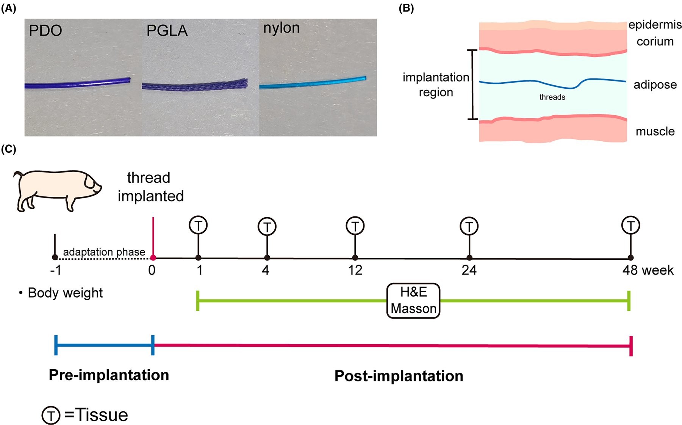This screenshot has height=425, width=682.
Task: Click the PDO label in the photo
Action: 45,30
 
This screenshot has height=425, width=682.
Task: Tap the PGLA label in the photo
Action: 167,30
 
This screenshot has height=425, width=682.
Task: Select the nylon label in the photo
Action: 281,28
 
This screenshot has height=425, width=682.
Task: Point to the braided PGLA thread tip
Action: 245,83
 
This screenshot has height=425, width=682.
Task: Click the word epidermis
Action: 655,25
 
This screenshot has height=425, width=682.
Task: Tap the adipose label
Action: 655,84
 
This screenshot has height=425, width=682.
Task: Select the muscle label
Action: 655,131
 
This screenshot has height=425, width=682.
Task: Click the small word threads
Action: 552,97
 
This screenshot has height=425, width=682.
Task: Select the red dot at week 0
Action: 153,258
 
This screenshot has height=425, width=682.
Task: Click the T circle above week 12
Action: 355,226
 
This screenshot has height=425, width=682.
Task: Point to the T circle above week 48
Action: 630,225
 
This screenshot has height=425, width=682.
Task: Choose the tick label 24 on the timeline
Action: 469,270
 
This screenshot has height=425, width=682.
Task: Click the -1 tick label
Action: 55,270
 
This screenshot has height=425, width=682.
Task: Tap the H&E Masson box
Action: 413,300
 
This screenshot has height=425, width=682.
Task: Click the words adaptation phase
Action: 104,252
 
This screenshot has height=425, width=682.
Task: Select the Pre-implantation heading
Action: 109,375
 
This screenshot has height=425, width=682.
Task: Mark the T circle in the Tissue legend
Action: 51,415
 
